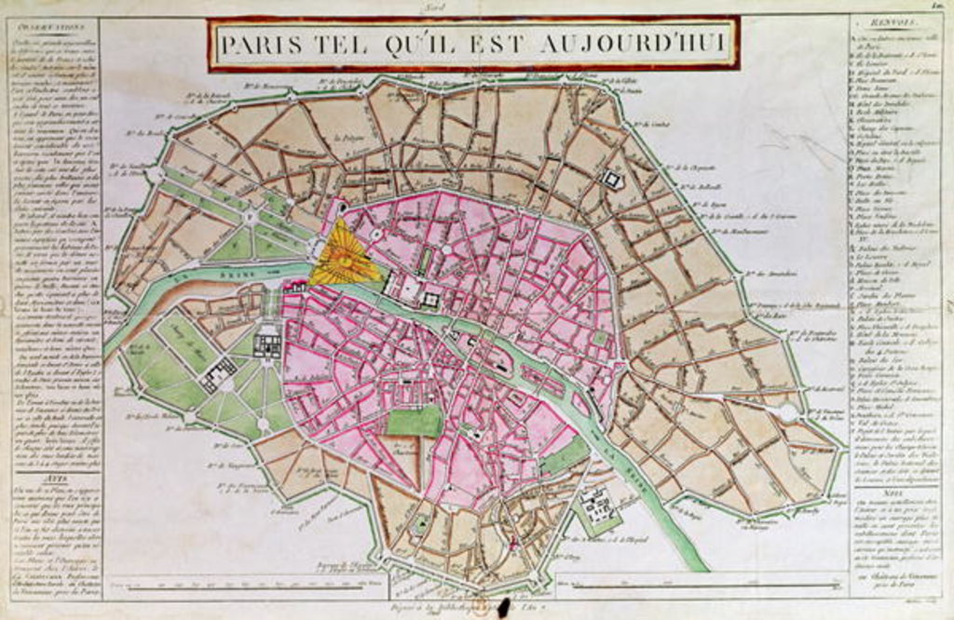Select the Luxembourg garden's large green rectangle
415,420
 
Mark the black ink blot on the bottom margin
503,606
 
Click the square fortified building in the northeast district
613,180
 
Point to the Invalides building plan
267,342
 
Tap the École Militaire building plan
217,374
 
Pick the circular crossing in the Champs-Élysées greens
250,217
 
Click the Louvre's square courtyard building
429,299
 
